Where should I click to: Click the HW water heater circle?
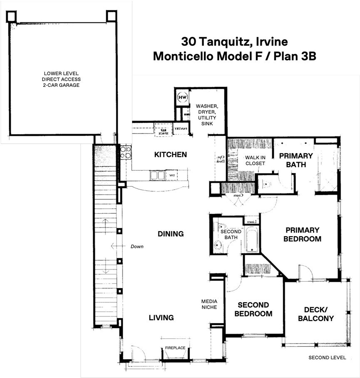[x=182, y=97]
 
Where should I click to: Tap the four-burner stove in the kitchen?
[x=126, y=152]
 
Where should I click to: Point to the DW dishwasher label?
[x=171, y=176]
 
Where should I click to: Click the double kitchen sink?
[x=157, y=175]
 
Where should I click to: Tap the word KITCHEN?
[x=170, y=155]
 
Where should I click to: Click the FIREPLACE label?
[x=175, y=347]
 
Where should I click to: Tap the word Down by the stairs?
[x=137, y=247]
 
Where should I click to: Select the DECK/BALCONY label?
[x=319, y=314]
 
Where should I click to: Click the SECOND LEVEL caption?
[x=327, y=357]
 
